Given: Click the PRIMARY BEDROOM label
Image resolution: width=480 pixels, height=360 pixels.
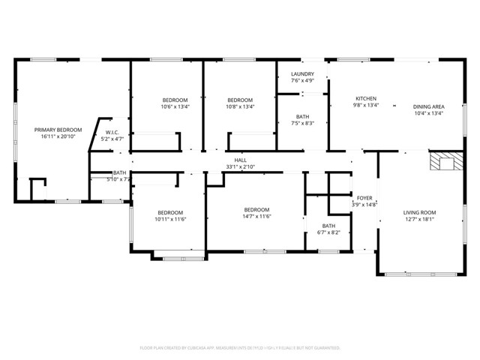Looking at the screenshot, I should (x=58, y=130).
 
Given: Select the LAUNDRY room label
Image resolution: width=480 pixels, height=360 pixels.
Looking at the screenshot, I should (x=302, y=74).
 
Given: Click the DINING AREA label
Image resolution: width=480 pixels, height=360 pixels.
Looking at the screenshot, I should (x=428, y=106).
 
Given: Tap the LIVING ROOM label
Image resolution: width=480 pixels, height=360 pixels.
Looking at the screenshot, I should (x=419, y=212).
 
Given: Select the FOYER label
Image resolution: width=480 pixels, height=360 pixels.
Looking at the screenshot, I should (x=364, y=198).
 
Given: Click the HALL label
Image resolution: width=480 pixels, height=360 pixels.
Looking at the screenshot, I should (x=240, y=160).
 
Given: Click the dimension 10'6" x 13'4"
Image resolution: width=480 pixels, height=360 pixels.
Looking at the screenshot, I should (x=175, y=106).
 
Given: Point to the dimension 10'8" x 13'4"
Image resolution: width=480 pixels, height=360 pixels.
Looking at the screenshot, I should (x=240, y=106).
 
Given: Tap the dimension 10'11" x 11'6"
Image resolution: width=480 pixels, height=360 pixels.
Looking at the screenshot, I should (x=169, y=219).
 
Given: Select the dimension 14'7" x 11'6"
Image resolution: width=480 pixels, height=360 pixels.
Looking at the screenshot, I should (x=256, y=216).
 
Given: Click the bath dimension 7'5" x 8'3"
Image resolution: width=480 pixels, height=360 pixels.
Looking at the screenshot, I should (x=302, y=123).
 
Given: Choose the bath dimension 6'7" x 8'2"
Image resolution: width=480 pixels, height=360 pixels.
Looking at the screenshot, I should (x=328, y=232).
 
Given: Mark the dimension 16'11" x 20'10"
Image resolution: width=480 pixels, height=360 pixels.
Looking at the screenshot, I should (x=58, y=136).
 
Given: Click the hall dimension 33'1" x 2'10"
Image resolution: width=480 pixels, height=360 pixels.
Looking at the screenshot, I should (x=240, y=166).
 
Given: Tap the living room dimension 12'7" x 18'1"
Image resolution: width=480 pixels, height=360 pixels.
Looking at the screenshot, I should (x=419, y=219).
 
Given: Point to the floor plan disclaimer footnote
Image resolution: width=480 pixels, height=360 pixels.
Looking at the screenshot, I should (x=240, y=348).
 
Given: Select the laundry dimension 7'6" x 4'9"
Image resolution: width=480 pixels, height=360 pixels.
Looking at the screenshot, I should (x=302, y=81).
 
